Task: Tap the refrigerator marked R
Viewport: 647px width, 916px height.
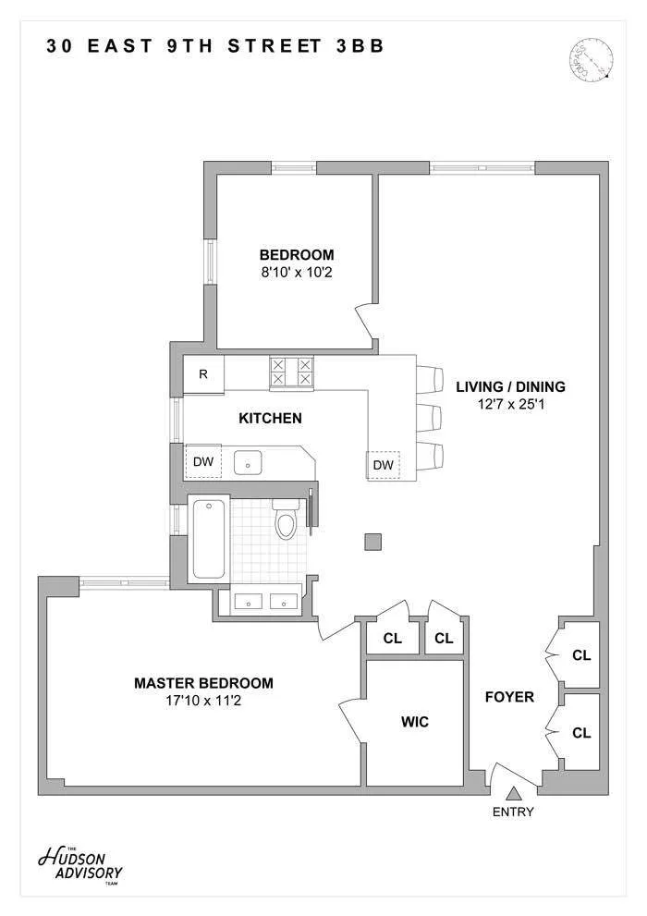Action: tap(203, 374)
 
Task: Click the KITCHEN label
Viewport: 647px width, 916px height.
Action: tap(270, 418)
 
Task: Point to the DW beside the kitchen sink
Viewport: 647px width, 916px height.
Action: tap(202, 461)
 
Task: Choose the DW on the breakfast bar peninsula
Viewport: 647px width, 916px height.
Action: tap(383, 465)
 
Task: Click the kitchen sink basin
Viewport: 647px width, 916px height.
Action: tap(249, 460)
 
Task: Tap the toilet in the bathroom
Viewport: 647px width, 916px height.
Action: tap(286, 523)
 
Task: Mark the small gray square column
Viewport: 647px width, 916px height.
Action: tap(372, 542)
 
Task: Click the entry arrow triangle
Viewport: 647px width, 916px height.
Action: tap(515, 791)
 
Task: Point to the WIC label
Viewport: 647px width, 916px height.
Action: tap(414, 722)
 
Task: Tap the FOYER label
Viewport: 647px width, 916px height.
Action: tap(509, 697)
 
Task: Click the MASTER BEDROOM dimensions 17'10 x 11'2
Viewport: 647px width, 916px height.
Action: tap(203, 701)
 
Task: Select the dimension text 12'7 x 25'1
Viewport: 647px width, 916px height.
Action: tap(510, 404)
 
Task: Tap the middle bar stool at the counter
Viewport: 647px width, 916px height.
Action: tap(430, 418)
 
